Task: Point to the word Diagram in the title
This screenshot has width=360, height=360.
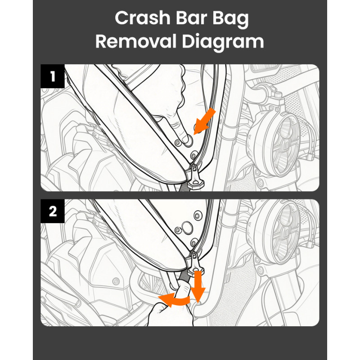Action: pos(223,42)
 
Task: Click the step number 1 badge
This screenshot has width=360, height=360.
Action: pos(53,76)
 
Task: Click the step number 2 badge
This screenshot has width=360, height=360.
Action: pos(53,211)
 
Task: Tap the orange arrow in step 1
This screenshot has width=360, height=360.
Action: pos(205,120)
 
